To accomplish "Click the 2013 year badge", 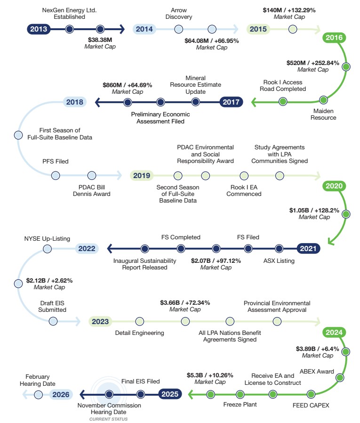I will click(39, 29).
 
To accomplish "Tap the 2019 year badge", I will click(142, 176).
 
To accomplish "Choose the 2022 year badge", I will click(87, 248).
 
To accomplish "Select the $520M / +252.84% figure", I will click(312, 63).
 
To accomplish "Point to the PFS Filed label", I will click(56, 161).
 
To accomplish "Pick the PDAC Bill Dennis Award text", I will click(91, 190).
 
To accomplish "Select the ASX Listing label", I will click(279, 260).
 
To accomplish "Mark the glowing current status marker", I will click(109, 394).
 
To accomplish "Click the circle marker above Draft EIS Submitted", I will click(53, 321).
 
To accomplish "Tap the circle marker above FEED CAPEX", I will click(311, 394).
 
